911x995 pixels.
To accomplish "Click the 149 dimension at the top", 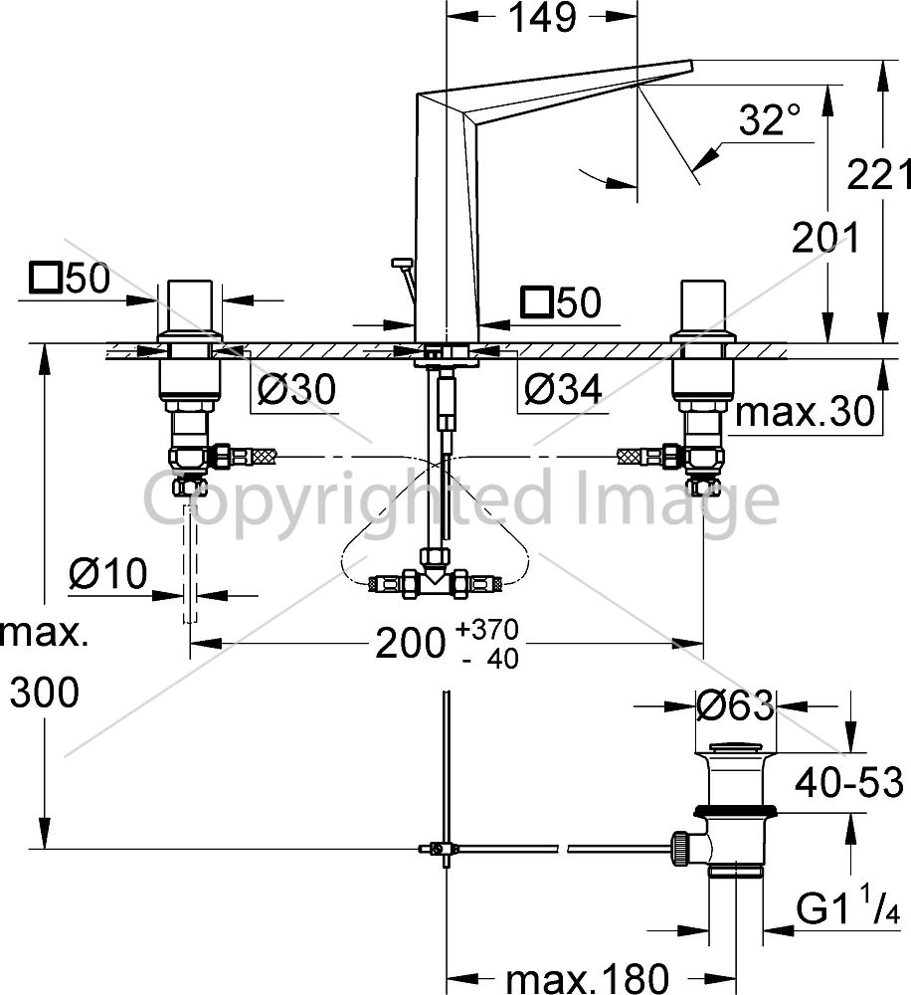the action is point(543,18).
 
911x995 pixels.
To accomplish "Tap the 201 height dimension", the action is point(825,238).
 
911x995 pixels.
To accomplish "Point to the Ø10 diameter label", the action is point(108,573).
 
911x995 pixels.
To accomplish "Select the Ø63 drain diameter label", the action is point(735,705).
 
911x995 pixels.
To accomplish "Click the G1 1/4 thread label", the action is point(848,906).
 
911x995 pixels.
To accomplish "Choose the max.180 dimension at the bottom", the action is point(588,978).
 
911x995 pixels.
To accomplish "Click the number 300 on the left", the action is point(45,692).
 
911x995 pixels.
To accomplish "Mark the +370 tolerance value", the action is point(487,630).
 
